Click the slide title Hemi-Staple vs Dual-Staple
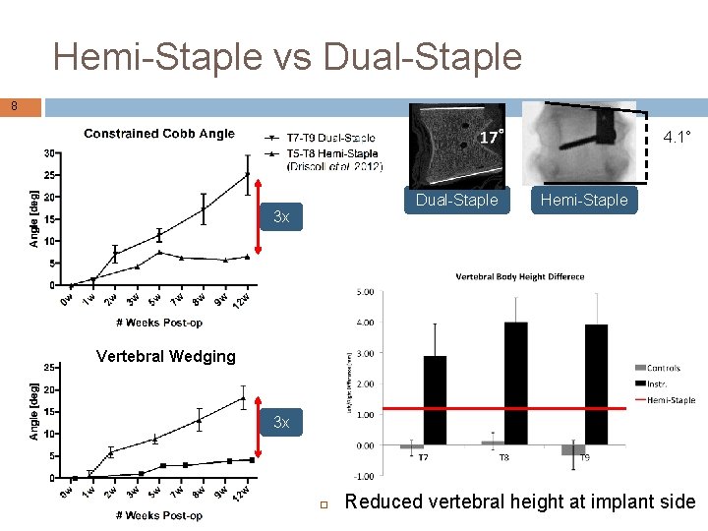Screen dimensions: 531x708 pyautogui.click(x=287, y=57)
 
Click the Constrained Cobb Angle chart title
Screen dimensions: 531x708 pyautogui.click(x=159, y=134)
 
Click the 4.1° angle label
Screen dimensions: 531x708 pyautogui.click(x=677, y=137)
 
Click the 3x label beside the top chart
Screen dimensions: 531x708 pyautogui.click(x=281, y=216)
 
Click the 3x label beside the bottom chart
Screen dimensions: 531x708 pyautogui.click(x=281, y=422)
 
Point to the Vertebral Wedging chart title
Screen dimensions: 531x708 pyautogui.click(x=165, y=356)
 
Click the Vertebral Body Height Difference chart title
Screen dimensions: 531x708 pyautogui.click(x=520, y=277)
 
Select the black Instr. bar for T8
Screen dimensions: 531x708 pyautogui.click(x=515, y=383)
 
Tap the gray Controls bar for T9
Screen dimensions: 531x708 pyautogui.click(x=573, y=449)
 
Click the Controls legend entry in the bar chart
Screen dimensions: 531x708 pyautogui.click(x=663, y=369)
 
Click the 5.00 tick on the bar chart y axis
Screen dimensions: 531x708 pyautogui.click(x=364, y=291)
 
